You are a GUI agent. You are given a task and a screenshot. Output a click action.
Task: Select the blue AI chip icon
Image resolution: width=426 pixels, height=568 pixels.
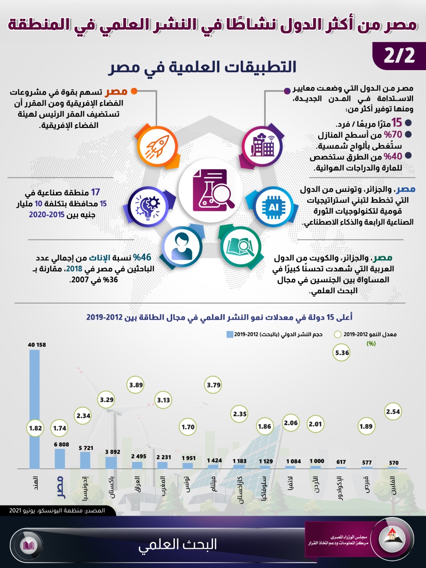point(274,207)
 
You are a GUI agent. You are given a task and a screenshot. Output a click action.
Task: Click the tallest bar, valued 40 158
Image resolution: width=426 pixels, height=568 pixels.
point(35,408)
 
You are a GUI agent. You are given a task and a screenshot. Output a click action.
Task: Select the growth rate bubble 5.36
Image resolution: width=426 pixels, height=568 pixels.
point(342,353)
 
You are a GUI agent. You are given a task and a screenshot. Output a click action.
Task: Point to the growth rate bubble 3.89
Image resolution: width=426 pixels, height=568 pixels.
point(136,385)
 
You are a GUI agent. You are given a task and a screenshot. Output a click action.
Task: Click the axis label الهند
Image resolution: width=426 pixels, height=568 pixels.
point(35,483)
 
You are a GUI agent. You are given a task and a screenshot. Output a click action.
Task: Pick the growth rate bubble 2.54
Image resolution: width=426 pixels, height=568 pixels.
point(393,411)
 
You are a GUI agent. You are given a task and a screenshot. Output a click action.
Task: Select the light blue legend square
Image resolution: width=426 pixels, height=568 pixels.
point(229,334)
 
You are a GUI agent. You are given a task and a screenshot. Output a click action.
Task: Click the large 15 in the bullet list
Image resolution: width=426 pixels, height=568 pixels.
point(396,123)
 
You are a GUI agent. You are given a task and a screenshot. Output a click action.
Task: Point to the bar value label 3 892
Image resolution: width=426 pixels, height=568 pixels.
point(113,452)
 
